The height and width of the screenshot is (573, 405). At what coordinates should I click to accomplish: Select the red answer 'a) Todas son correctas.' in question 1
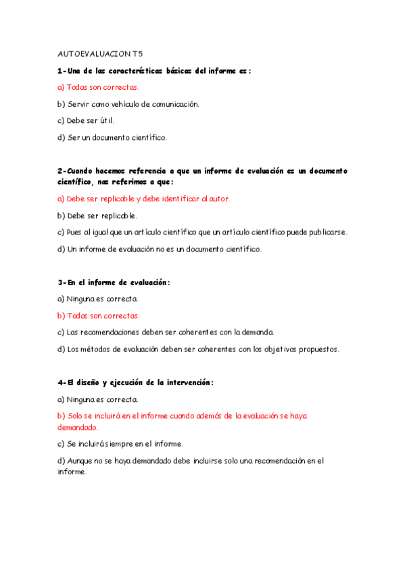tap(99, 87)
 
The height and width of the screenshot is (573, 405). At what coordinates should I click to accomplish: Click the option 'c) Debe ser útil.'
tap(86, 121)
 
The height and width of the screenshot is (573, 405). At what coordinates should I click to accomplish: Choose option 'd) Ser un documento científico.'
tap(112, 138)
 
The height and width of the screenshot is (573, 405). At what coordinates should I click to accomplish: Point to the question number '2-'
tap(62, 172)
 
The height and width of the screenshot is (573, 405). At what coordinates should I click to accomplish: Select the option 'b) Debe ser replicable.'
tap(97, 216)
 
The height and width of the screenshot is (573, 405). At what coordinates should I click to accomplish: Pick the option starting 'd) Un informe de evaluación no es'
tap(159, 249)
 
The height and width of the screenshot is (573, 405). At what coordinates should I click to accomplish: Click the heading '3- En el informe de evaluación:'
tap(114, 282)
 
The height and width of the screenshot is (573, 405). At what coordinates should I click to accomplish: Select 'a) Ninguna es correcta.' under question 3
tap(98, 299)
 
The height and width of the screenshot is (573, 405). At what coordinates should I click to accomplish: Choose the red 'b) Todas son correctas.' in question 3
tap(99, 316)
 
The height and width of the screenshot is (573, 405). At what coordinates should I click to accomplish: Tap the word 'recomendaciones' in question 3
tap(114, 332)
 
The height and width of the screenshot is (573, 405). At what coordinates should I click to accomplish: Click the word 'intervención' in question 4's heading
tap(187, 382)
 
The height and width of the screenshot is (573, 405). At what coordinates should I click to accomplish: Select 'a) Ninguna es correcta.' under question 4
tap(98, 399)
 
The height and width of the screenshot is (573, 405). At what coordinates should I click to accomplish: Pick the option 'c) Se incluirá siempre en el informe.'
tap(120, 444)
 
